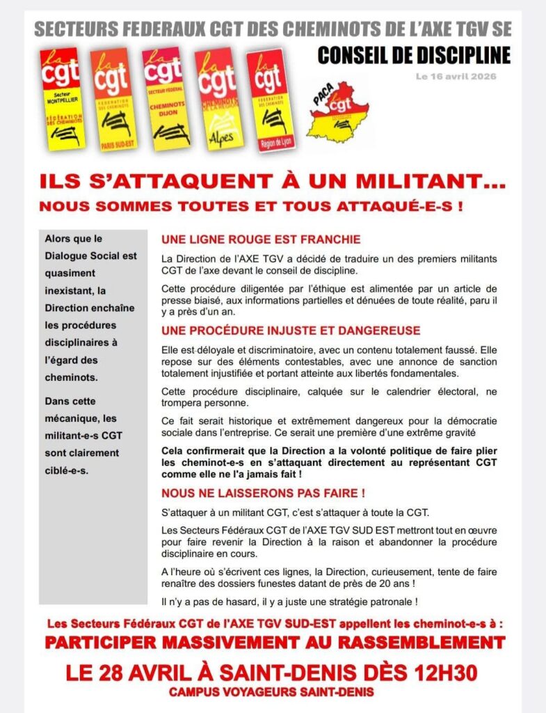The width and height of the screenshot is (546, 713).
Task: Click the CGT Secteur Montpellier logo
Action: (x=60, y=97)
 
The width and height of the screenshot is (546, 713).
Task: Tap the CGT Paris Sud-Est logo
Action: (x=111, y=98)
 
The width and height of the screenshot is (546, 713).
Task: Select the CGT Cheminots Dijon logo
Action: (x=163, y=97)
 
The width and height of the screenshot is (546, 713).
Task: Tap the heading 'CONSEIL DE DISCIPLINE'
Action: (x=414, y=55)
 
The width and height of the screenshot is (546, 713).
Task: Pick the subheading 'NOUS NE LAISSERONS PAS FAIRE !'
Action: (x=263, y=494)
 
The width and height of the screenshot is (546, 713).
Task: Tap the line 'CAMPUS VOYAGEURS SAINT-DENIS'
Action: (x=271, y=692)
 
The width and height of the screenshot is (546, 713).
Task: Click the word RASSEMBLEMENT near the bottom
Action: (x=410, y=642)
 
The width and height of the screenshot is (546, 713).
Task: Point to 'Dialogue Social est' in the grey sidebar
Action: (x=90, y=256)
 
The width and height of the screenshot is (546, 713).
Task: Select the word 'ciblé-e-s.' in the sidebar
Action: (x=70, y=470)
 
